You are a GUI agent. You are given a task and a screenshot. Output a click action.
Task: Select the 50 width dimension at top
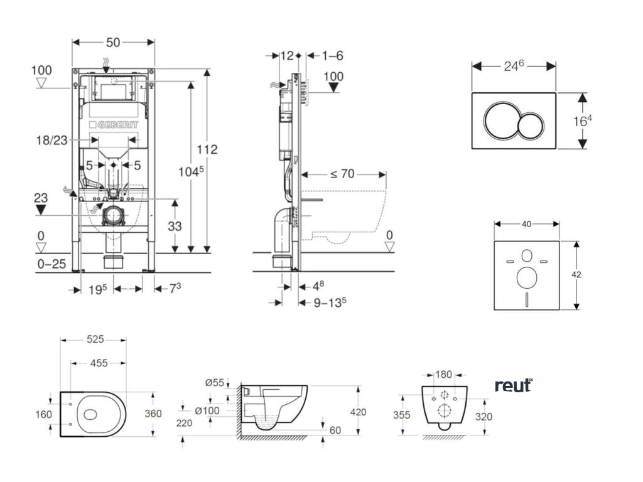tap(113, 43)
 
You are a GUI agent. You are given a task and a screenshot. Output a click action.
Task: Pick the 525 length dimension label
tap(94, 340)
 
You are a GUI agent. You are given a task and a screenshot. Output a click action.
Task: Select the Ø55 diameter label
tap(213, 382)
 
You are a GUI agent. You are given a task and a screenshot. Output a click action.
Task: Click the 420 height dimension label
tap(357, 412)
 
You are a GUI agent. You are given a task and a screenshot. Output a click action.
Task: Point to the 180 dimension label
tap(443, 375)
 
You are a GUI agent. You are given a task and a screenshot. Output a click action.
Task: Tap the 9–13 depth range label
tap(330, 302)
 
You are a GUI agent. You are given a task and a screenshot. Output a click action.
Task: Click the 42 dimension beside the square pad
tap(585, 274)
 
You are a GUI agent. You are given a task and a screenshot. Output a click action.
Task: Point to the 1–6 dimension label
tap(332, 56)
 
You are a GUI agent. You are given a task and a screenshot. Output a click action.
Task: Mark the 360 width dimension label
tap(153, 414)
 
